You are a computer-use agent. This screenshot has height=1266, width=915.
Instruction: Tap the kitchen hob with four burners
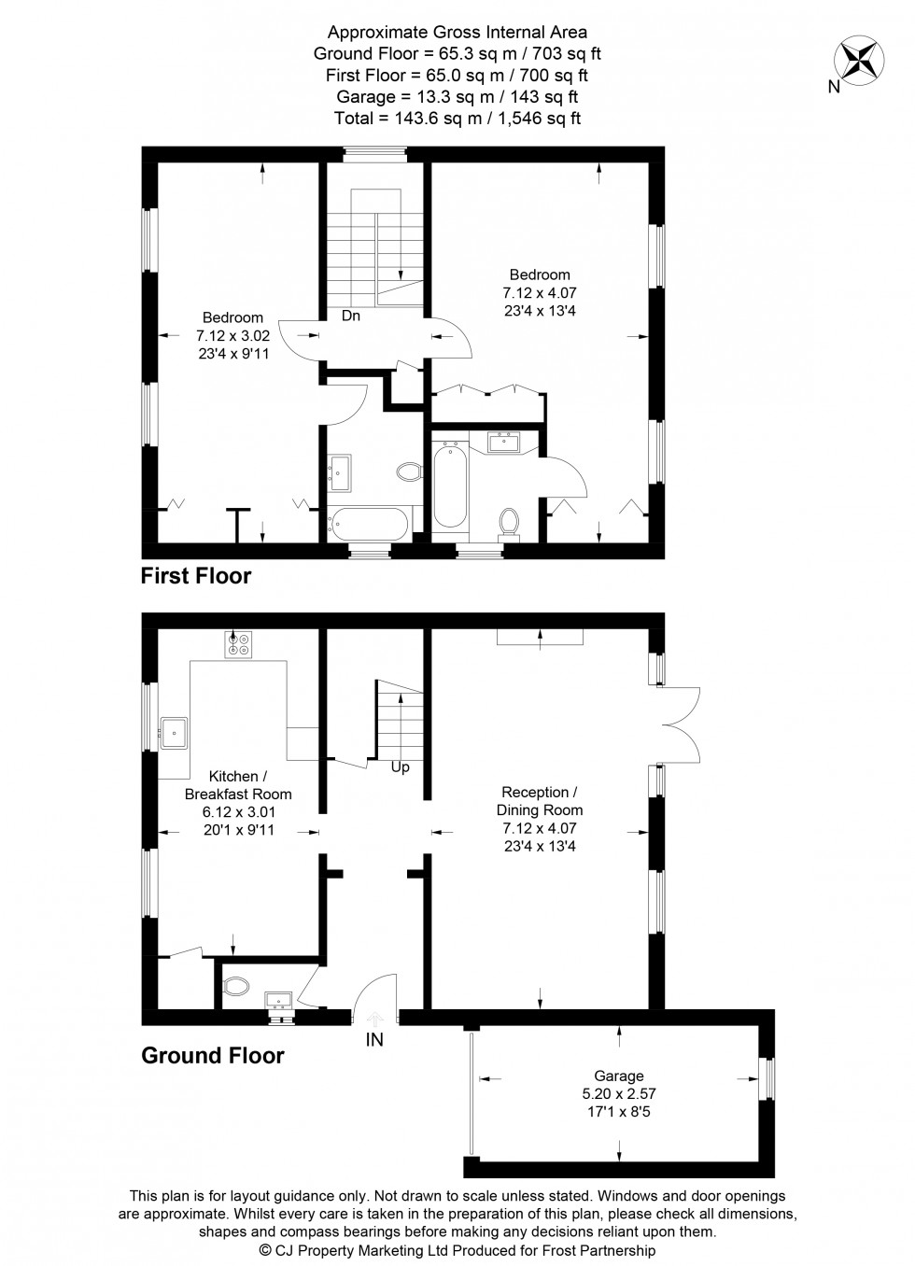[238, 645]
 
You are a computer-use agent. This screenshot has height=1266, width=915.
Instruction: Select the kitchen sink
[174, 733]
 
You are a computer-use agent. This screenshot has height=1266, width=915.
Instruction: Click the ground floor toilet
[235, 987]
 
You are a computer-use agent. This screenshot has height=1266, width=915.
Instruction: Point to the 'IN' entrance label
[374, 1039]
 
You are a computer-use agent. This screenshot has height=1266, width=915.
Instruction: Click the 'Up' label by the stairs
[401, 767]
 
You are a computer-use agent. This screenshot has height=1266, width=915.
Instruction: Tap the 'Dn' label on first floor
[351, 316]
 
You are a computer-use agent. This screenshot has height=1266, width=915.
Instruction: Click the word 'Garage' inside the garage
[619, 1076]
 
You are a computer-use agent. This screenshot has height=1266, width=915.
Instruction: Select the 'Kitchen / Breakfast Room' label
[238, 784]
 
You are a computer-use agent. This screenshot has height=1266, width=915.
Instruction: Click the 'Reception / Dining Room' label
[540, 801]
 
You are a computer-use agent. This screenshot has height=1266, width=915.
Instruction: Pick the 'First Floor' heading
[195, 576]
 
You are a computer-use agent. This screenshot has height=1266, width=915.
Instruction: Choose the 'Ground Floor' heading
[213, 1055]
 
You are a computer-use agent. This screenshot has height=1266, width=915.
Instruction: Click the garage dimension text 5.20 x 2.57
[619, 1093]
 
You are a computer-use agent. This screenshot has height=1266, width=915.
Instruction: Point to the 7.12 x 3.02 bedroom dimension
[232, 336]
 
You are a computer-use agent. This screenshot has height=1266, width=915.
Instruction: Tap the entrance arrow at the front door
[375, 1018]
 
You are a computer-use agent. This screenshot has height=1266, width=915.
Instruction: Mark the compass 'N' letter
[834, 87]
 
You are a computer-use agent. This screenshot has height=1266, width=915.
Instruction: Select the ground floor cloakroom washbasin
[278, 1000]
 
